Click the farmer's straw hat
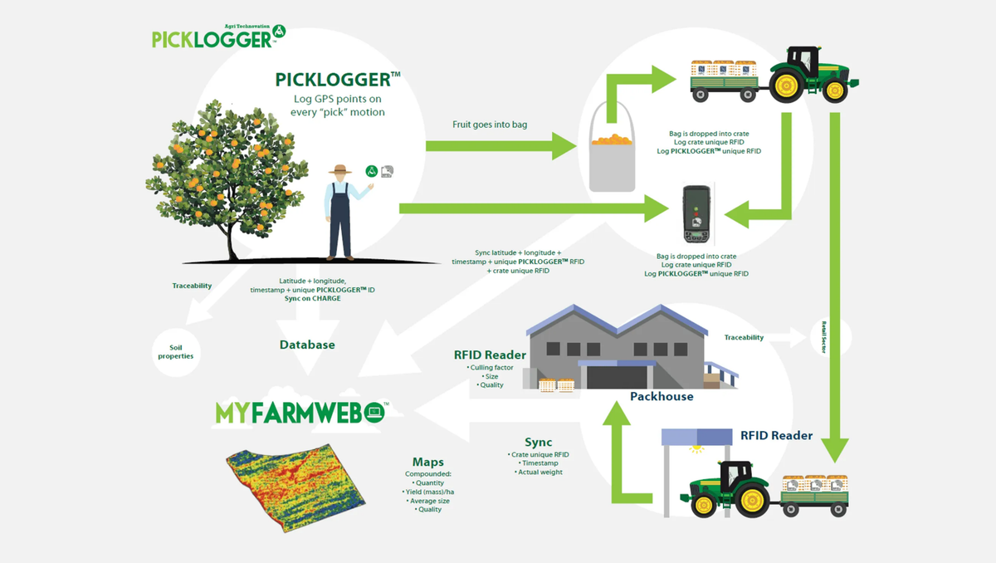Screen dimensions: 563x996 [339, 169]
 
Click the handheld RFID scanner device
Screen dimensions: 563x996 [695, 213]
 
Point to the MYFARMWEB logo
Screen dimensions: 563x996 [299, 412]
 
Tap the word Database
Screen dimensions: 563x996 [307, 345]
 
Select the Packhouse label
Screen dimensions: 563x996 [662, 396]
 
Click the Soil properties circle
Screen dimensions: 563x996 [175, 351]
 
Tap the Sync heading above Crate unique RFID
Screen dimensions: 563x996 [538, 442]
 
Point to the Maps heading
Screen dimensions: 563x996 [428, 462]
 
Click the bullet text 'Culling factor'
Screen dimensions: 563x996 [491, 366]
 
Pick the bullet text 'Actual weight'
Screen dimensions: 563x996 [540, 472]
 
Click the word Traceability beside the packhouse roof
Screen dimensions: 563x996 [744, 338]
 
